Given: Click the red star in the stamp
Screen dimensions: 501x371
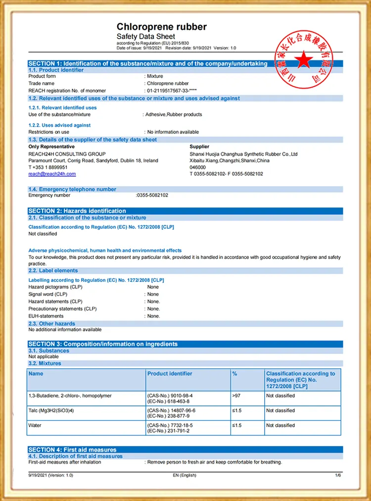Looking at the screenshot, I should (305, 60).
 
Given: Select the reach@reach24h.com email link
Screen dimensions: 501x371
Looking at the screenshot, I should (52, 174).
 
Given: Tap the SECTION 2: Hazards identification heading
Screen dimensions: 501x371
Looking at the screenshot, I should (77, 211).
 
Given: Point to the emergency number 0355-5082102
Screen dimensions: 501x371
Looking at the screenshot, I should (152, 195).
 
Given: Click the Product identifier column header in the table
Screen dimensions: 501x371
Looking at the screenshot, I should (170, 374).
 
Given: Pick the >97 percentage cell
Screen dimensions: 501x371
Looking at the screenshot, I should (236, 396).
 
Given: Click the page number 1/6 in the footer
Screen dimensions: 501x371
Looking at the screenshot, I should (338, 475).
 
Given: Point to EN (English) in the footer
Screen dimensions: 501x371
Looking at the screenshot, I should (185, 475).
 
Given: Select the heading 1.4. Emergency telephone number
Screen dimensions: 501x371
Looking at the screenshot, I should (72, 189).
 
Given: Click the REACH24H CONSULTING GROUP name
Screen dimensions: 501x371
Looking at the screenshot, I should (67, 154).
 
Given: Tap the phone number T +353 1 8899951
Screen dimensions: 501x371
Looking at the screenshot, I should (48, 167).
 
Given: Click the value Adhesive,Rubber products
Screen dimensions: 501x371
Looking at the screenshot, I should (174, 114).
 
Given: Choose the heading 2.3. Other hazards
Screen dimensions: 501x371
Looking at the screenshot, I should (51, 324).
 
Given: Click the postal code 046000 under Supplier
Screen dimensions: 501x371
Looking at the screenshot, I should (197, 167).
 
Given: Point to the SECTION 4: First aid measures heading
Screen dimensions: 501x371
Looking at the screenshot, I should (72, 450).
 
